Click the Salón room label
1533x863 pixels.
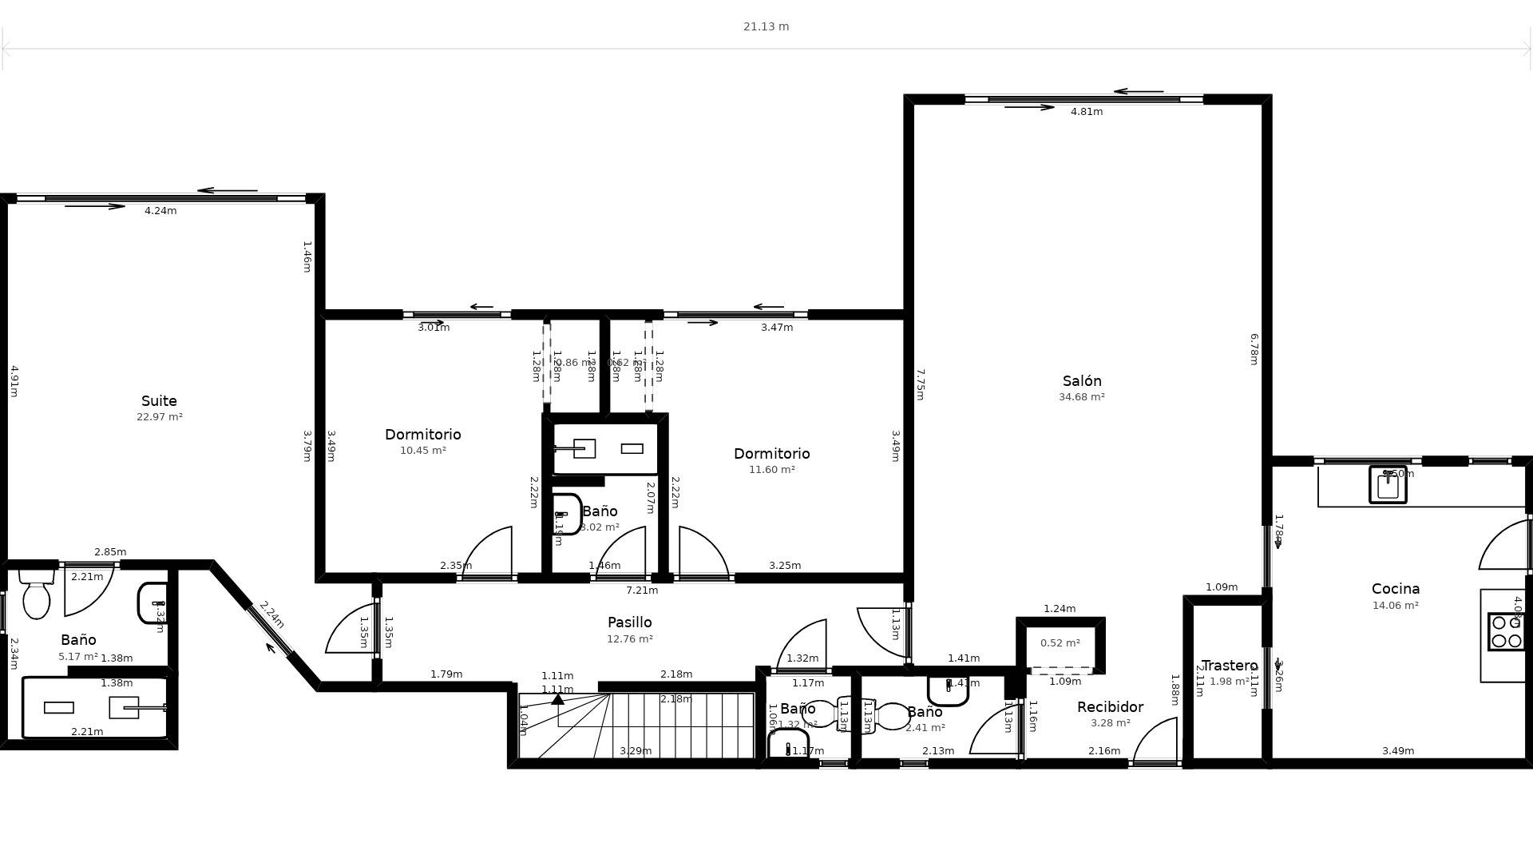[1081, 381]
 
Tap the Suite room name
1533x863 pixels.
[159, 401]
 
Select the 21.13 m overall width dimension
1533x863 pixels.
[766, 26]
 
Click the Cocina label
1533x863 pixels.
[1395, 589]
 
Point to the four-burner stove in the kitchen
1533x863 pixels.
[1506, 631]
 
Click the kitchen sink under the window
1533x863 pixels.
[1388, 485]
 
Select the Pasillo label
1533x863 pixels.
[629, 622]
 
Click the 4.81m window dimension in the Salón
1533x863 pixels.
[1086, 112]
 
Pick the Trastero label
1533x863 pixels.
[1229, 666]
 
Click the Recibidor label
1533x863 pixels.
[1110, 707]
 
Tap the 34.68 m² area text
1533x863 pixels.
[1081, 397]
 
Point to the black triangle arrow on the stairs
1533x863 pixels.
[557, 699]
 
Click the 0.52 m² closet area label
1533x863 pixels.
[1060, 643]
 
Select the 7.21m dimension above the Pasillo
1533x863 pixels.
[641, 591]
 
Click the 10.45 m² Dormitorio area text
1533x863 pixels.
[422, 451]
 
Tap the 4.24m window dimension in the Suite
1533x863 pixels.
[160, 211]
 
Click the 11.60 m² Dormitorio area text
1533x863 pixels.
[771, 470]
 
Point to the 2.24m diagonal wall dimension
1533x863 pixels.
[271, 614]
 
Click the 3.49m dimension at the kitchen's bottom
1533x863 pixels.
[1397, 751]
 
